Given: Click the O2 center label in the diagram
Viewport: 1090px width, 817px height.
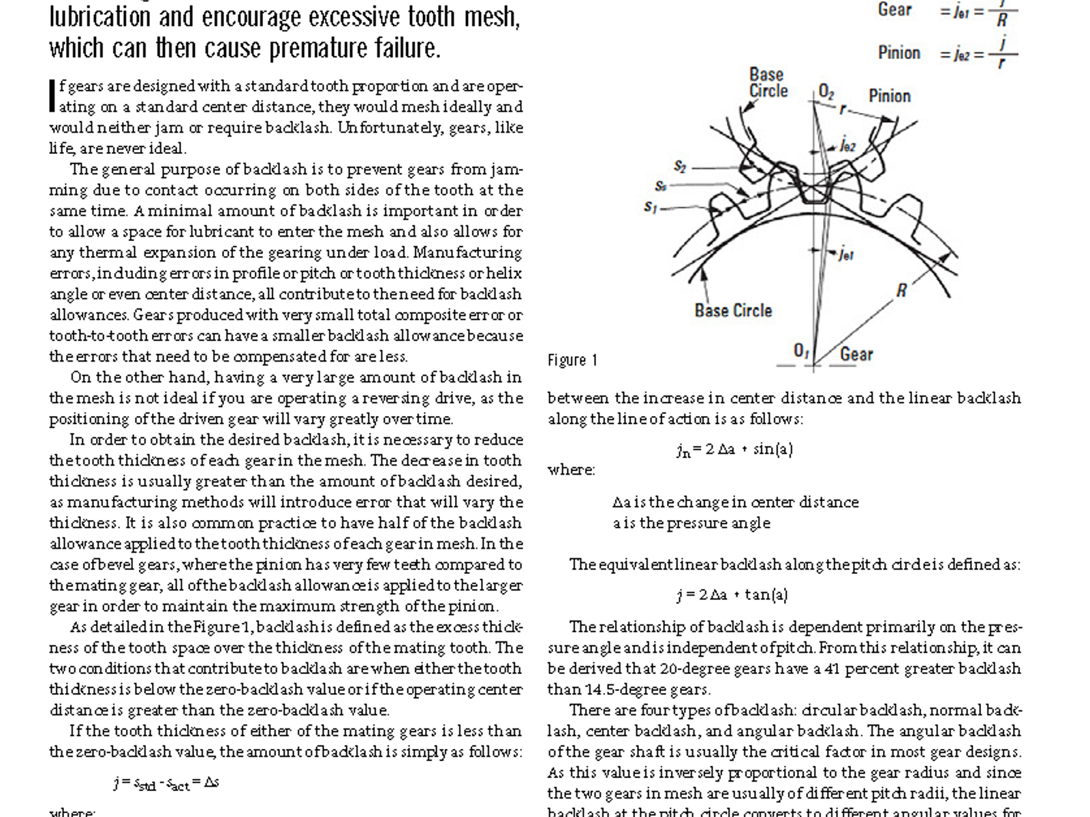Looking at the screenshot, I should pos(826,92).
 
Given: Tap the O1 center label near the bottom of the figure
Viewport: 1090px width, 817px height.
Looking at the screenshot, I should pos(801,351).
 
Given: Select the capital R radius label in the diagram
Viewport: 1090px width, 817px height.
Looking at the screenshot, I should pos(901,291).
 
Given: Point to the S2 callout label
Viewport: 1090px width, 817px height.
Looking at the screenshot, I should pos(680,166).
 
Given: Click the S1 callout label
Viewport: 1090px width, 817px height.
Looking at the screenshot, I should pos(651,207).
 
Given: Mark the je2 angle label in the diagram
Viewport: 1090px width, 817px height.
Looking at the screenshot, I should pos(847,145).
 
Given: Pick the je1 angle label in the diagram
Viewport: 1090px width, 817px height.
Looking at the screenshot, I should pos(845,255).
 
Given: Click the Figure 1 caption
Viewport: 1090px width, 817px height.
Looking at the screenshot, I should pos(572,360).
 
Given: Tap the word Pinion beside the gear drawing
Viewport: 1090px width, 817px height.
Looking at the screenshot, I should pos(889,96).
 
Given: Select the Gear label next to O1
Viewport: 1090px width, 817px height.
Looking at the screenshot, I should pos(856,354).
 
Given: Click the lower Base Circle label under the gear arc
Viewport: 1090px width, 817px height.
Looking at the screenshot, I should pos(733,310).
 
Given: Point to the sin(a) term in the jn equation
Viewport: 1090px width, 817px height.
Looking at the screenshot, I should pos(773,449).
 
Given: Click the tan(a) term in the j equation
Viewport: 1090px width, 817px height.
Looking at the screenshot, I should pos(766,594).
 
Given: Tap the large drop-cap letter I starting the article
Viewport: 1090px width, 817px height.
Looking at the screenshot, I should pos(52,96).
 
